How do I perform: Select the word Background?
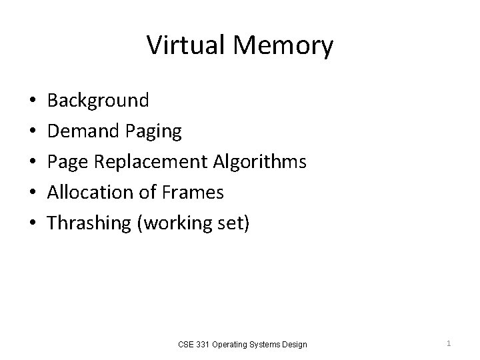98,101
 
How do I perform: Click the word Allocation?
87,193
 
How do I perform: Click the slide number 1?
449,343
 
